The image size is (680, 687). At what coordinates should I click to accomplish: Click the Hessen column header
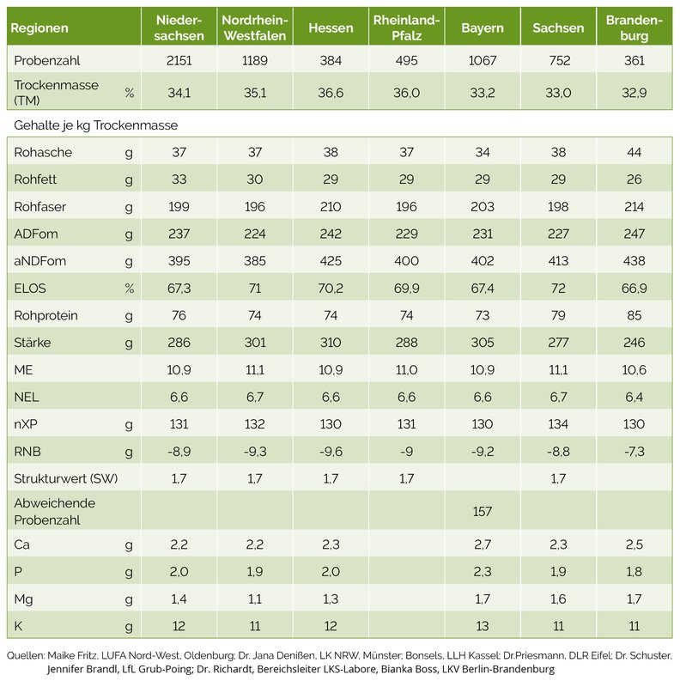pyautogui.click(x=331, y=28)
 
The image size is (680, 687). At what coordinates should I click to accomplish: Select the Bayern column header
pyautogui.click(x=482, y=28)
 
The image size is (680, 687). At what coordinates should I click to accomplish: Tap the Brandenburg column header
pyautogui.click(x=634, y=28)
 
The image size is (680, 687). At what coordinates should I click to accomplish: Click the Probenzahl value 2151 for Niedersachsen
pyautogui.click(x=179, y=60)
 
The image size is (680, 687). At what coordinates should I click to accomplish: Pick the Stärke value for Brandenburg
pyautogui.click(x=634, y=342)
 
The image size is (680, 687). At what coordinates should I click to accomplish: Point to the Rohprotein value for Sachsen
pyautogui.click(x=558, y=315)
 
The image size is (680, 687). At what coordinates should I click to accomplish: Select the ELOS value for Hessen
pyautogui.click(x=331, y=289)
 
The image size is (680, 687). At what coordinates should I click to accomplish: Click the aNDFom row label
pyautogui.click(x=39, y=261)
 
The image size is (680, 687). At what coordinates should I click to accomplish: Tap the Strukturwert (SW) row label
pyautogui.click(x=66, y=478)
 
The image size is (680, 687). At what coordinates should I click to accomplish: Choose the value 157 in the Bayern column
pyautogui.click(x=482, y=511)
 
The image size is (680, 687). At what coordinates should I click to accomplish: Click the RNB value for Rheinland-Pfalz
pyautogui.click(x=406, y=452)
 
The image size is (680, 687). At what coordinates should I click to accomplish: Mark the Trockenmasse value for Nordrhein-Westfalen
pyautogui.click(x=254, y=93)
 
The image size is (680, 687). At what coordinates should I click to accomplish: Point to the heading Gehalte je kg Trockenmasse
pyautogui.click(x=96, y=125)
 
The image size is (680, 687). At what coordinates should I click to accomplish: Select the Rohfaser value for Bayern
pyautogui.click(x=482, y=207)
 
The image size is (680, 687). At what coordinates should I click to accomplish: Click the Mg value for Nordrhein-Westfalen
pyautogui.click(x=254, y=599)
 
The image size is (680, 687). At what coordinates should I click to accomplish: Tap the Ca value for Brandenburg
pyautogui.click(x=634, y=544)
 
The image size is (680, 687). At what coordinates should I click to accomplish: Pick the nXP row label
pyautogui.click(x=26, y=424)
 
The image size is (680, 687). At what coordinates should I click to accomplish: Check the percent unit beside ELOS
pyautogui.click(x=130, y=289)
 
